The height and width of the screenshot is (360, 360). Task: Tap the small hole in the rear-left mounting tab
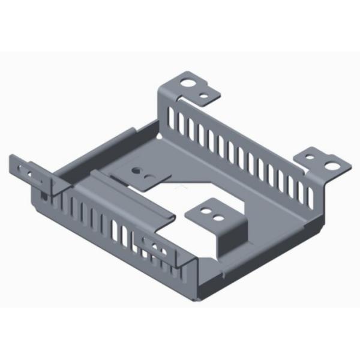205,95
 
